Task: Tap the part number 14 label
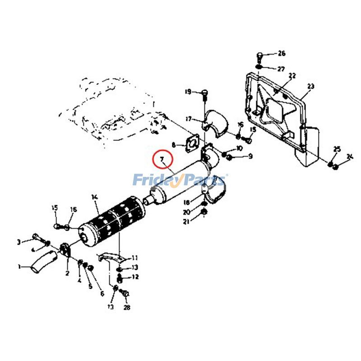pos(94,197)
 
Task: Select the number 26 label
pos(282,54)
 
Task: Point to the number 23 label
pos(310,86)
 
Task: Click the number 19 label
pos(188,93)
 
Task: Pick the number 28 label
pos(127,308)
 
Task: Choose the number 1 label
pos(19,266)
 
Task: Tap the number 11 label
pos(134,258)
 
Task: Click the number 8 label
pos(173,145)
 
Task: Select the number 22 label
pos(292,75)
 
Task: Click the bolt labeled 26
pos(260,57)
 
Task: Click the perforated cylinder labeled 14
pos(112,221)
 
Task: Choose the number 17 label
pos(189,119)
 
